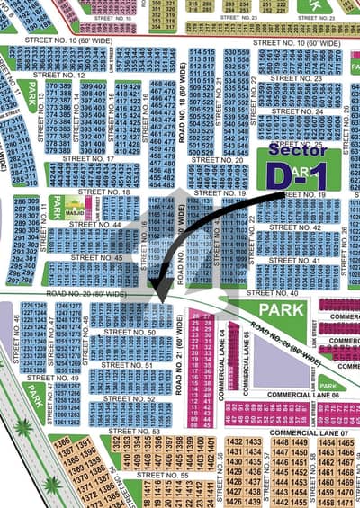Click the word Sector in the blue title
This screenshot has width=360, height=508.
tap(297, 150)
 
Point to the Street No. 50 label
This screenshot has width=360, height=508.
tap(130, 333)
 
